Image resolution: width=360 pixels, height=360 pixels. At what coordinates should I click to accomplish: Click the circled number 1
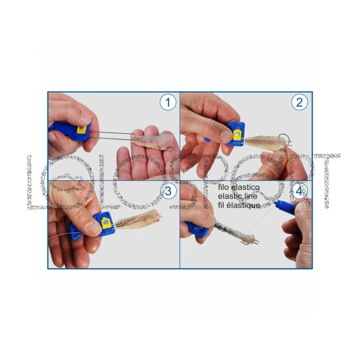tap(168, 102)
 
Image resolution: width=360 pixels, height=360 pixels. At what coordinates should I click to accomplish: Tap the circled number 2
tap(299, 102)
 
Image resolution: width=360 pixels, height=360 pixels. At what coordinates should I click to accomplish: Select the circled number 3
tap(168, 191)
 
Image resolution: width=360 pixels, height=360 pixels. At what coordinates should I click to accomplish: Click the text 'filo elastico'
tap(239, 187)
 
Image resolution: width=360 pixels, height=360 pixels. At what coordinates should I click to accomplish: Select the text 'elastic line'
tap(238, 196)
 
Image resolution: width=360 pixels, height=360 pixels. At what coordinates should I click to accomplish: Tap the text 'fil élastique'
tap(239, 205)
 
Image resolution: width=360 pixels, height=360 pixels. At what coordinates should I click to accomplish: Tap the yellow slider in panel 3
tap(106, 222)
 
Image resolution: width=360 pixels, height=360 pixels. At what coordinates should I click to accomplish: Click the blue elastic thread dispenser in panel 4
tap(285, 207)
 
